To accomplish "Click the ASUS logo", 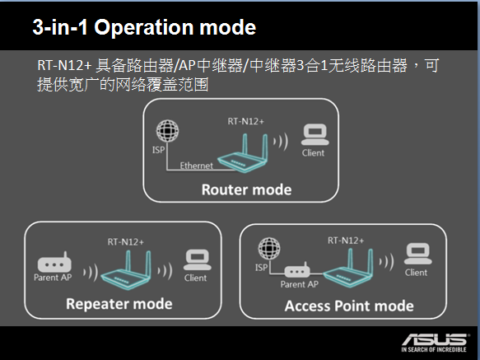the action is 435,339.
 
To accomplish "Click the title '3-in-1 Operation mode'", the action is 144,27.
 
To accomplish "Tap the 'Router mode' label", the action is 246,189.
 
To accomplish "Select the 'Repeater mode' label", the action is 119,304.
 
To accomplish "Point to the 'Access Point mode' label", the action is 349,306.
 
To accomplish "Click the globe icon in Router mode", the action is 167,130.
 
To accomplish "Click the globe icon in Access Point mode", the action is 269,248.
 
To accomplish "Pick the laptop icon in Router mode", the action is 315,135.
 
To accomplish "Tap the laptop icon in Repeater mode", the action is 198,259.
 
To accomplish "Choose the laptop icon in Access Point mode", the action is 418,254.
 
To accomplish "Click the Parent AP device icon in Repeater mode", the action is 54,262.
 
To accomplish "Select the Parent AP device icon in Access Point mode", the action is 297,270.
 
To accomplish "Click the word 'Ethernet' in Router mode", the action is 196,166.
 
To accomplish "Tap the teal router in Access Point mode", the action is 348,268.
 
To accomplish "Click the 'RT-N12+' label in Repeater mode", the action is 125,242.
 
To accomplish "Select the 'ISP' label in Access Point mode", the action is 261,268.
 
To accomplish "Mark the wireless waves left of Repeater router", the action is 91,272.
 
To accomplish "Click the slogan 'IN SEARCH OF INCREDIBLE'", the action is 434,349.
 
